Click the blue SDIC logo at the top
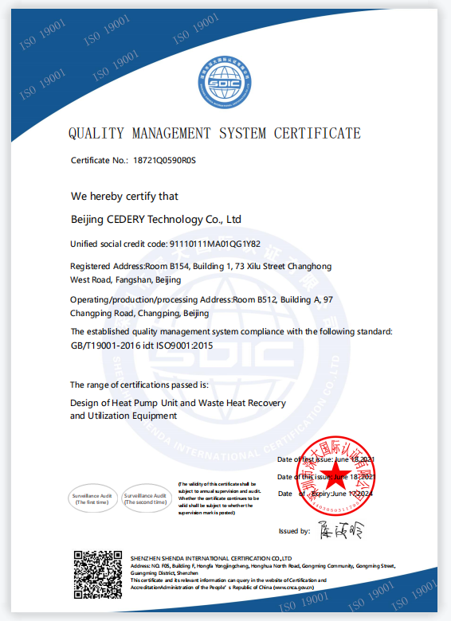tap(225, 80)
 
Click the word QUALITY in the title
tap(94, 133)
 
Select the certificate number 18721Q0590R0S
tap(164, 161)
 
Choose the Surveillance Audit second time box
tap(145, 498)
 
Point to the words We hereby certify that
tap(124, 196)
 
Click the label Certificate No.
tap(100, 161)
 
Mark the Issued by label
tap(294, 531)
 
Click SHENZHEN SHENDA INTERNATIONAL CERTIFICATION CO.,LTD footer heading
tap(211, 558)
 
